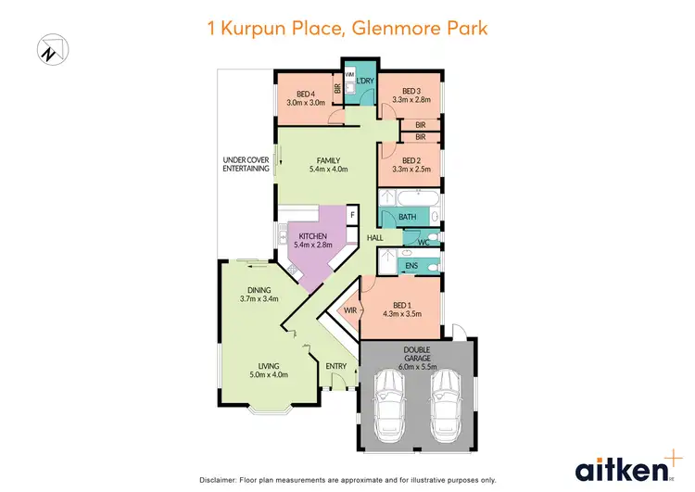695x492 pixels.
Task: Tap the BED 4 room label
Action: [307, 95]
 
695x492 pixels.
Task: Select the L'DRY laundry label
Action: [364, 81]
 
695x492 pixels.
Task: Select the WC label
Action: [422, 242]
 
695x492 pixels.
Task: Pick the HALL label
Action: [374, 238]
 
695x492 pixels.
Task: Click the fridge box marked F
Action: [351, 215]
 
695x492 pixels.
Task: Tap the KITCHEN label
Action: [312, 236]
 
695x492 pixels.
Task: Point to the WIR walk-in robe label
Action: [350, 310]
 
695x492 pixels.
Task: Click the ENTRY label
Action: [336, 366]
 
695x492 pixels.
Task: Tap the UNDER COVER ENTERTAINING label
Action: [246, 164]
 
